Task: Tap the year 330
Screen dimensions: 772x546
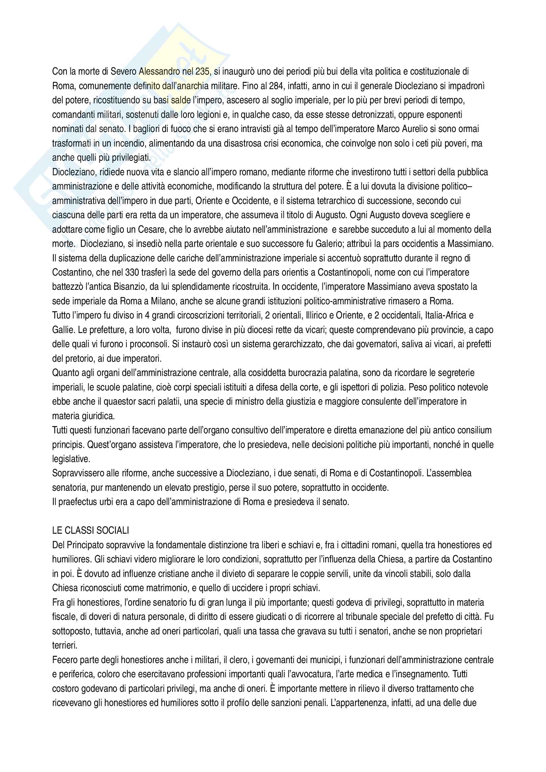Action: pyautogui.click(x=132, y=272)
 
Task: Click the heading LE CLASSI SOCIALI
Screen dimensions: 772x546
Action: pyautogui.click(x=91, y=531)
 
